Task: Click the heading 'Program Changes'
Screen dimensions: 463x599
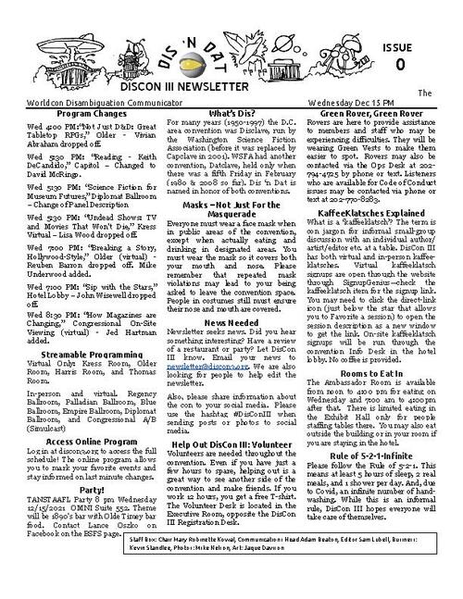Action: (x=78, y=113)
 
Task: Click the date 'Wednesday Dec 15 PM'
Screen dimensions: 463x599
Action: (x=382, y=102)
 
